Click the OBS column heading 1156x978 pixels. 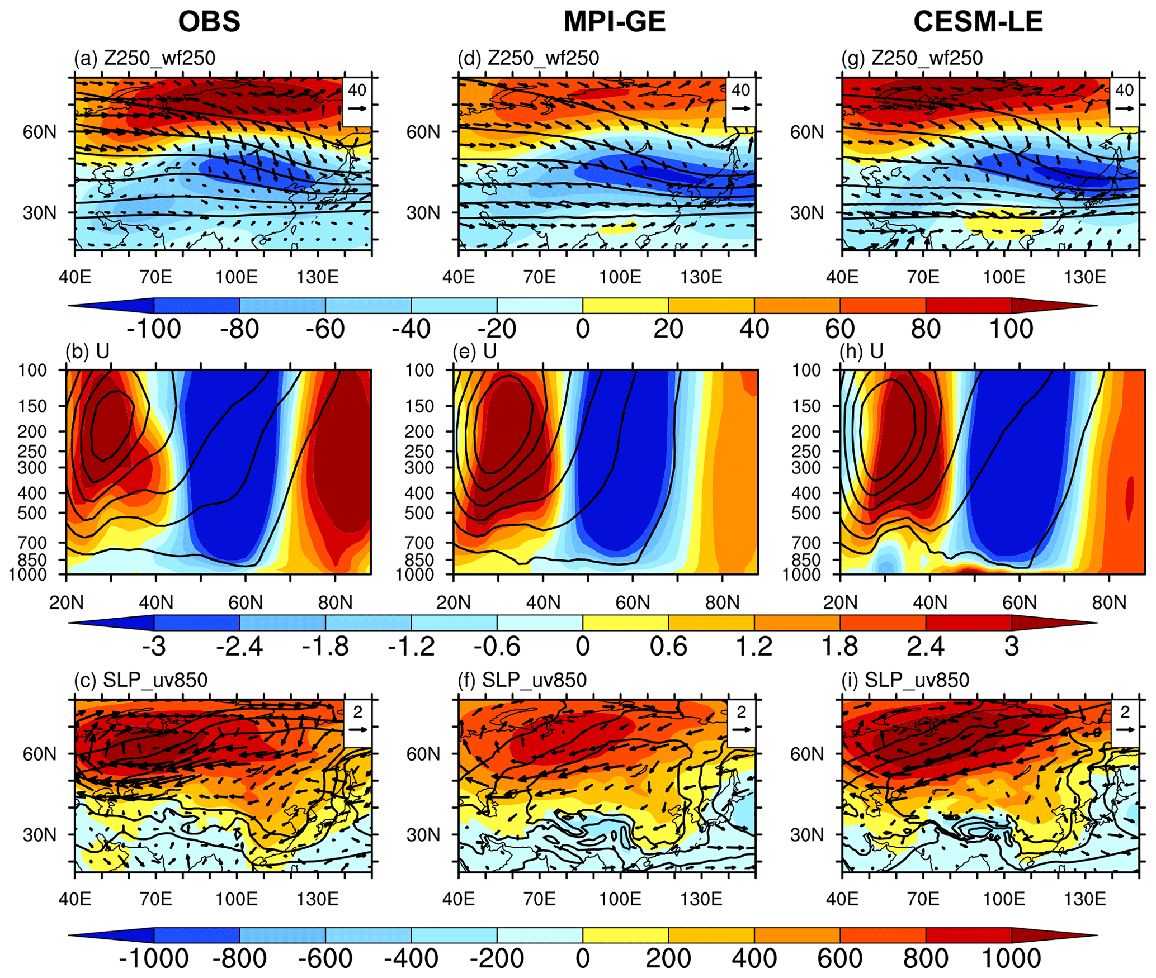209,22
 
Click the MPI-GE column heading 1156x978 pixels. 614,22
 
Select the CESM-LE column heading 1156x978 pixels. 978,22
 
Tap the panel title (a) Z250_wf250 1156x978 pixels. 144,58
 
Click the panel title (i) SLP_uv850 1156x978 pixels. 905,680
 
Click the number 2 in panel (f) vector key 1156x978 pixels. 742,711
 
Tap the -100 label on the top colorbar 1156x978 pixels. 154,329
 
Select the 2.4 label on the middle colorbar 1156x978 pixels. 926,647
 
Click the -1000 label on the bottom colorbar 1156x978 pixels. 154,959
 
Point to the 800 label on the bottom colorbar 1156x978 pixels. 926,959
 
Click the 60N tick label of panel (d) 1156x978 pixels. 423,132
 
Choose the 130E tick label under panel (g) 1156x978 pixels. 1085,277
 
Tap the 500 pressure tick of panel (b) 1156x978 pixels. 33,513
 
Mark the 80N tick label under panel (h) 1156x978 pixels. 1109,603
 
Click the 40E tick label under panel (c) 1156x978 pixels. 75,899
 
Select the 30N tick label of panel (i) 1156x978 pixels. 807,835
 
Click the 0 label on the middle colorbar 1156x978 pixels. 583,647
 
